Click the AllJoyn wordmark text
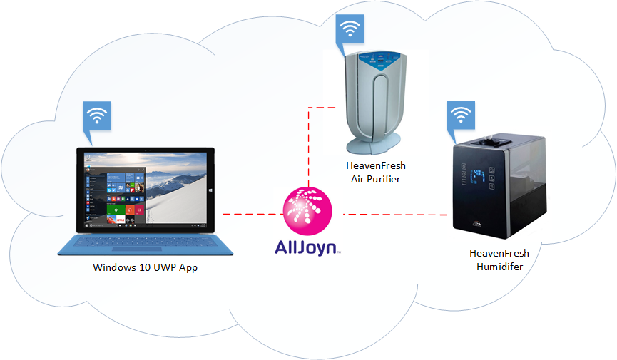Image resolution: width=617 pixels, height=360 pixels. point(307,247)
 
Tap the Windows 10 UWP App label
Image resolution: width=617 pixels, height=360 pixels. point(145,268)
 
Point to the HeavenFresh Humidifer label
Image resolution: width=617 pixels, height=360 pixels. point(499,259)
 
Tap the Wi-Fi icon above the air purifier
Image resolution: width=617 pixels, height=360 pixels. point(350,29)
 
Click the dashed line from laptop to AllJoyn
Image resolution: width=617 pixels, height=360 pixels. point(249,213)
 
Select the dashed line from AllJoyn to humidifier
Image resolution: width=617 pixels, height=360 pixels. point(396,214)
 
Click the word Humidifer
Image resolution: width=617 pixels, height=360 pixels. point(499,267)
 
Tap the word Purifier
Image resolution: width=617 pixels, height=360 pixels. point(386,179)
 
